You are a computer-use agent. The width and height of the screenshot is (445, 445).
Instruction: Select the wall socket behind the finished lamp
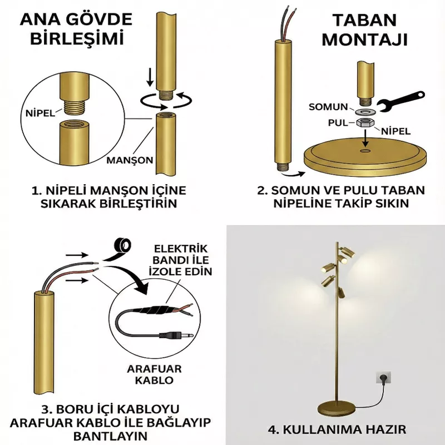click(383, 378)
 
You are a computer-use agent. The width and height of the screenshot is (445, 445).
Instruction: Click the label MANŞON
click(130, 160)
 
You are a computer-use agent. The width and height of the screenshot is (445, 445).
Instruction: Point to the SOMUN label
click(328, 107)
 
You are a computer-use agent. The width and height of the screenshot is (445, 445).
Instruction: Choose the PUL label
click(338, 123)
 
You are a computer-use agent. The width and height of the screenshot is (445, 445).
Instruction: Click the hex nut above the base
click(365, 123)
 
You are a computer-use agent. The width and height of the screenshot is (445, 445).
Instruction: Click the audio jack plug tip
click(189, 335)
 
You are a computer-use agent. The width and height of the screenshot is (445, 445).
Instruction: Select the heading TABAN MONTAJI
click(365, 30)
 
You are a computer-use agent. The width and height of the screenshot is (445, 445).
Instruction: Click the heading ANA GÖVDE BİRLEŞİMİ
click(76, 29)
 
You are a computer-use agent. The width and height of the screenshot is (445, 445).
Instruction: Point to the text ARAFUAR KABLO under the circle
click(154, 374)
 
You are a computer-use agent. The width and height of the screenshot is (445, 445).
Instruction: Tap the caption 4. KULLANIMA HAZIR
click(337, 429)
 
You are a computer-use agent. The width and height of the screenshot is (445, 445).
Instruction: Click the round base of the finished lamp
click(337, 408)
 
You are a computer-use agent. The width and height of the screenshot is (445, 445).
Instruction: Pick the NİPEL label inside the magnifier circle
click(40, 113)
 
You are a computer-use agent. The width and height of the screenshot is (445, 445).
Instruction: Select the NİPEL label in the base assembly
click(395, 131)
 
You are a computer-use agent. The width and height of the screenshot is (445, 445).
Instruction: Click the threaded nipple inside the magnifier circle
click(75, 108)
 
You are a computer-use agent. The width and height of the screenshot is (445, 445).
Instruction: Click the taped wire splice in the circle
click(156, 310)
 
